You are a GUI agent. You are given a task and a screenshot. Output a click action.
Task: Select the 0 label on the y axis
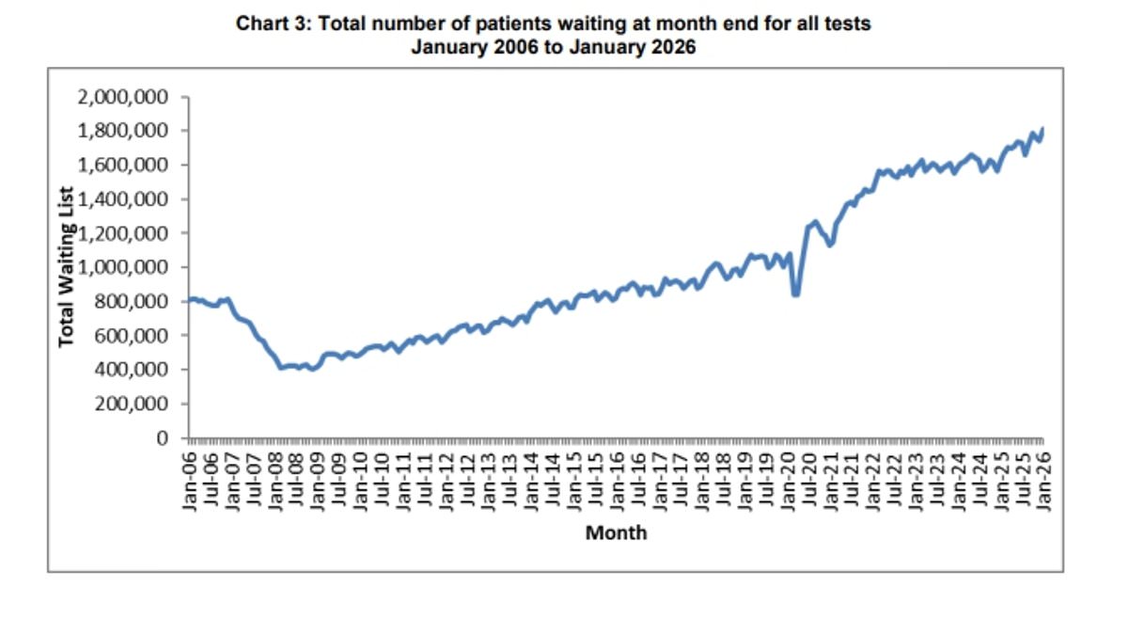pos(162,438)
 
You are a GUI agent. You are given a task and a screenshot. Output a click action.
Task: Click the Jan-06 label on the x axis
pos(190,479)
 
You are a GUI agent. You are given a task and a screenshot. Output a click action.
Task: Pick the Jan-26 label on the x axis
pos(1043,479)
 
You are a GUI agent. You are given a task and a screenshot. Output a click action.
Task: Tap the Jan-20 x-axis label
pos(788,479)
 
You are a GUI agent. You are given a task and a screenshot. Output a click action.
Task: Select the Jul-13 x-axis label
pos(510,479)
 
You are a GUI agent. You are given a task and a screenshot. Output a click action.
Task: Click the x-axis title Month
pos(616,533)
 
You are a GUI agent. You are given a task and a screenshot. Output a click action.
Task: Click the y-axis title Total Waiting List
pos(67,268)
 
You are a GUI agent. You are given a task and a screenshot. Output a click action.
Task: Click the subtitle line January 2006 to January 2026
pos(553,46)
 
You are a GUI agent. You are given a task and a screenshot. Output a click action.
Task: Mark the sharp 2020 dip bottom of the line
pos(796,294)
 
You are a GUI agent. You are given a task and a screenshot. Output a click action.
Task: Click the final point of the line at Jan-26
pos(1043,129)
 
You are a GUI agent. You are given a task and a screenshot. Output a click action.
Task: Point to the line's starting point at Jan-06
pos(189,301)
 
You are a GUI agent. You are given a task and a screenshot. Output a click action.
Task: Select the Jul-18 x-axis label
pos(724,479)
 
